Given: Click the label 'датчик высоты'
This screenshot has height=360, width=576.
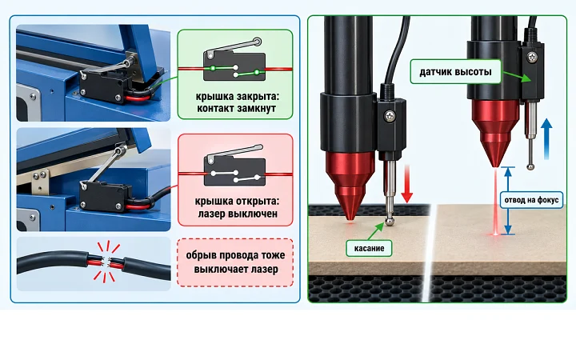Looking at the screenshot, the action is click(x=455, y=72).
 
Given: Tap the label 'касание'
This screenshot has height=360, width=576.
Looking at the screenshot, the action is click(x=369, y=248).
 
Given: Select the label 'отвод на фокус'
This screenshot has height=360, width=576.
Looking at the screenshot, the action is click(x=531, y=200).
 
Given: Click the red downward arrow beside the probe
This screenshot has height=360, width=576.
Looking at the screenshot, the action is click(x=406, y=184).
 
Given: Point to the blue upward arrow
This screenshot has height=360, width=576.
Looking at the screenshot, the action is click(x=546, y=138).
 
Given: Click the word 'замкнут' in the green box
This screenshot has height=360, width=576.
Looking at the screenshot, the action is click(x=257, y=109).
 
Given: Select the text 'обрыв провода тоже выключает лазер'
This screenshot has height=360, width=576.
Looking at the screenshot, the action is click(x=235, y=262).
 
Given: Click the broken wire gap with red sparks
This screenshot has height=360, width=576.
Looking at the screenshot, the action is click(x=106, y=262).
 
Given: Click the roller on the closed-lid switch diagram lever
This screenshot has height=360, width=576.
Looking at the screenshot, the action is click(x=258, y=42).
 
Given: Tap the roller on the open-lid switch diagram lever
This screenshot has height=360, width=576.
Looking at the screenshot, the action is click(x=258, y=148).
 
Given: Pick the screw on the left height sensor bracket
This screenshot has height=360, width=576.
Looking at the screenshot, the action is click(x=390, y=116).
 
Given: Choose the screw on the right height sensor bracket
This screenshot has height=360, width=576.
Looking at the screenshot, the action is click(x=532, y=57).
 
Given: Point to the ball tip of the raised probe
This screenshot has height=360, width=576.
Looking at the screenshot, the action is click(x=530, y=166).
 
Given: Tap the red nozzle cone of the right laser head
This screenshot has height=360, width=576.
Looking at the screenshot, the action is click(x=495, y=133).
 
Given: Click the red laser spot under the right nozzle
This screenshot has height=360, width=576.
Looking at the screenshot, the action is click(x=496, y=234).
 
